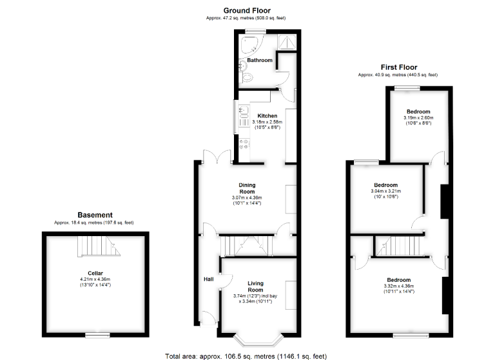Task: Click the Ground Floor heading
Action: coord(247,10)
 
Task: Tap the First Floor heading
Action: coord(399,67)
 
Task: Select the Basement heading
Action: coord(95,215)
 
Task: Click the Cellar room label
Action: coord(95,273)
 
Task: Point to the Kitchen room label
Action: coord(267,115)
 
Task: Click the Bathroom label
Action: coord(260,60)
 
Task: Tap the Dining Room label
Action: coord(247,188)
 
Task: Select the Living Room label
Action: coord(255,286)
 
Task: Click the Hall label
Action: coord(209,279)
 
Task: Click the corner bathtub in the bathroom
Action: coord(250,45)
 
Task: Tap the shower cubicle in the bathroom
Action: coord(287,42)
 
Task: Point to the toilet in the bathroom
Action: coord(247,77)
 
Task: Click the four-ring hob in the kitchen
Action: coord(244,144)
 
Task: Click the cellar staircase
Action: coord(99,246)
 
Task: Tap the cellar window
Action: coord(97,335)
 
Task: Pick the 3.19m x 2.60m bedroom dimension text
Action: coord(418,117)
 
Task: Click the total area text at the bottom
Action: coord(246,356)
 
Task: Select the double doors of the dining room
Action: coord(217,157)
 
